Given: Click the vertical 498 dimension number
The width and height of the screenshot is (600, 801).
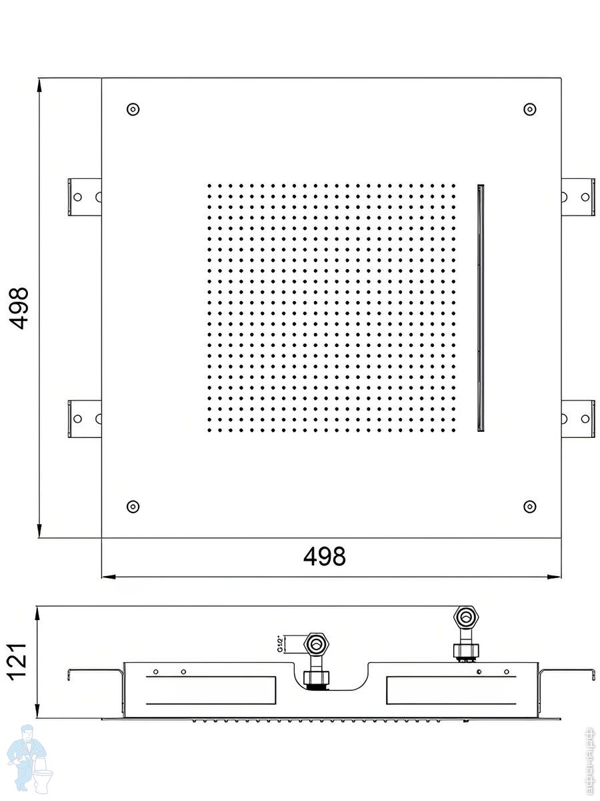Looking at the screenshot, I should (x=20, y=308).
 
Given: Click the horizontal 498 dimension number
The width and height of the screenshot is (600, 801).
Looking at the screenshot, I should (x=325, y=556).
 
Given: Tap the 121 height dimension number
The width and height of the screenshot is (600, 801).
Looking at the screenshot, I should (x=18, y=661).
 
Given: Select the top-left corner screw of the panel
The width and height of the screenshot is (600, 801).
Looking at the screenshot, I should (x=133, y=109).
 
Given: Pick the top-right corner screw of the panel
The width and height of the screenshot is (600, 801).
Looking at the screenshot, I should (x=530, y=109).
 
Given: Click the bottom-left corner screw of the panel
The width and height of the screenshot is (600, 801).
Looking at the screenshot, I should (x=133, y=506).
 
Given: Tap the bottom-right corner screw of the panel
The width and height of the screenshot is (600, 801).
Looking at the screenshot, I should (x=530, y=506).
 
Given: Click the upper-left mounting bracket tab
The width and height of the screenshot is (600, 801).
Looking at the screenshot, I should (x=84, y=197).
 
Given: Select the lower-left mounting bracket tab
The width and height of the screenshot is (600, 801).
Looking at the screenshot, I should (x=84, y=419).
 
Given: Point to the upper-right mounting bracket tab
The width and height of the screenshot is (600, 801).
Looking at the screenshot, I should (x=578, y=197).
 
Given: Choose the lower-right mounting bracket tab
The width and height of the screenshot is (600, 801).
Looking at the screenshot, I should (x=578, y=419).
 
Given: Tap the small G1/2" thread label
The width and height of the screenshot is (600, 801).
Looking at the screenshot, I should (x=281, y=644).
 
